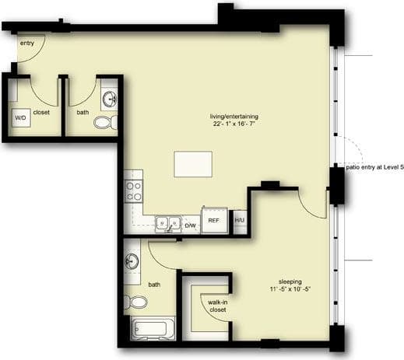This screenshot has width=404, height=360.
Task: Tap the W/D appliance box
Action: tap(20, 117)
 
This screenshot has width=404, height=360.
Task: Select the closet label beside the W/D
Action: tap(41, 112)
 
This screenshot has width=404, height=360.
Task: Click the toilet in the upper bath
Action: tap(104, 121)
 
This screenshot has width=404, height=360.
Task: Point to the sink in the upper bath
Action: tap(109, 100)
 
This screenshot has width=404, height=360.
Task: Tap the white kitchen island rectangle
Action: tap(193, 163)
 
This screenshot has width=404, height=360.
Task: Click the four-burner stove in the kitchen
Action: tap(133, 190)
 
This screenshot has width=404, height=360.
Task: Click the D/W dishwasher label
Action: tap(189, 225)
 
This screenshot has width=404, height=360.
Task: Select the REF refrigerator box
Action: tap(214, 220)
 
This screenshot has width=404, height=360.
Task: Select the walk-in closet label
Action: tap(217, 305)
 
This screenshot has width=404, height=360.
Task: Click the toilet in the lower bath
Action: tap(137, 301)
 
